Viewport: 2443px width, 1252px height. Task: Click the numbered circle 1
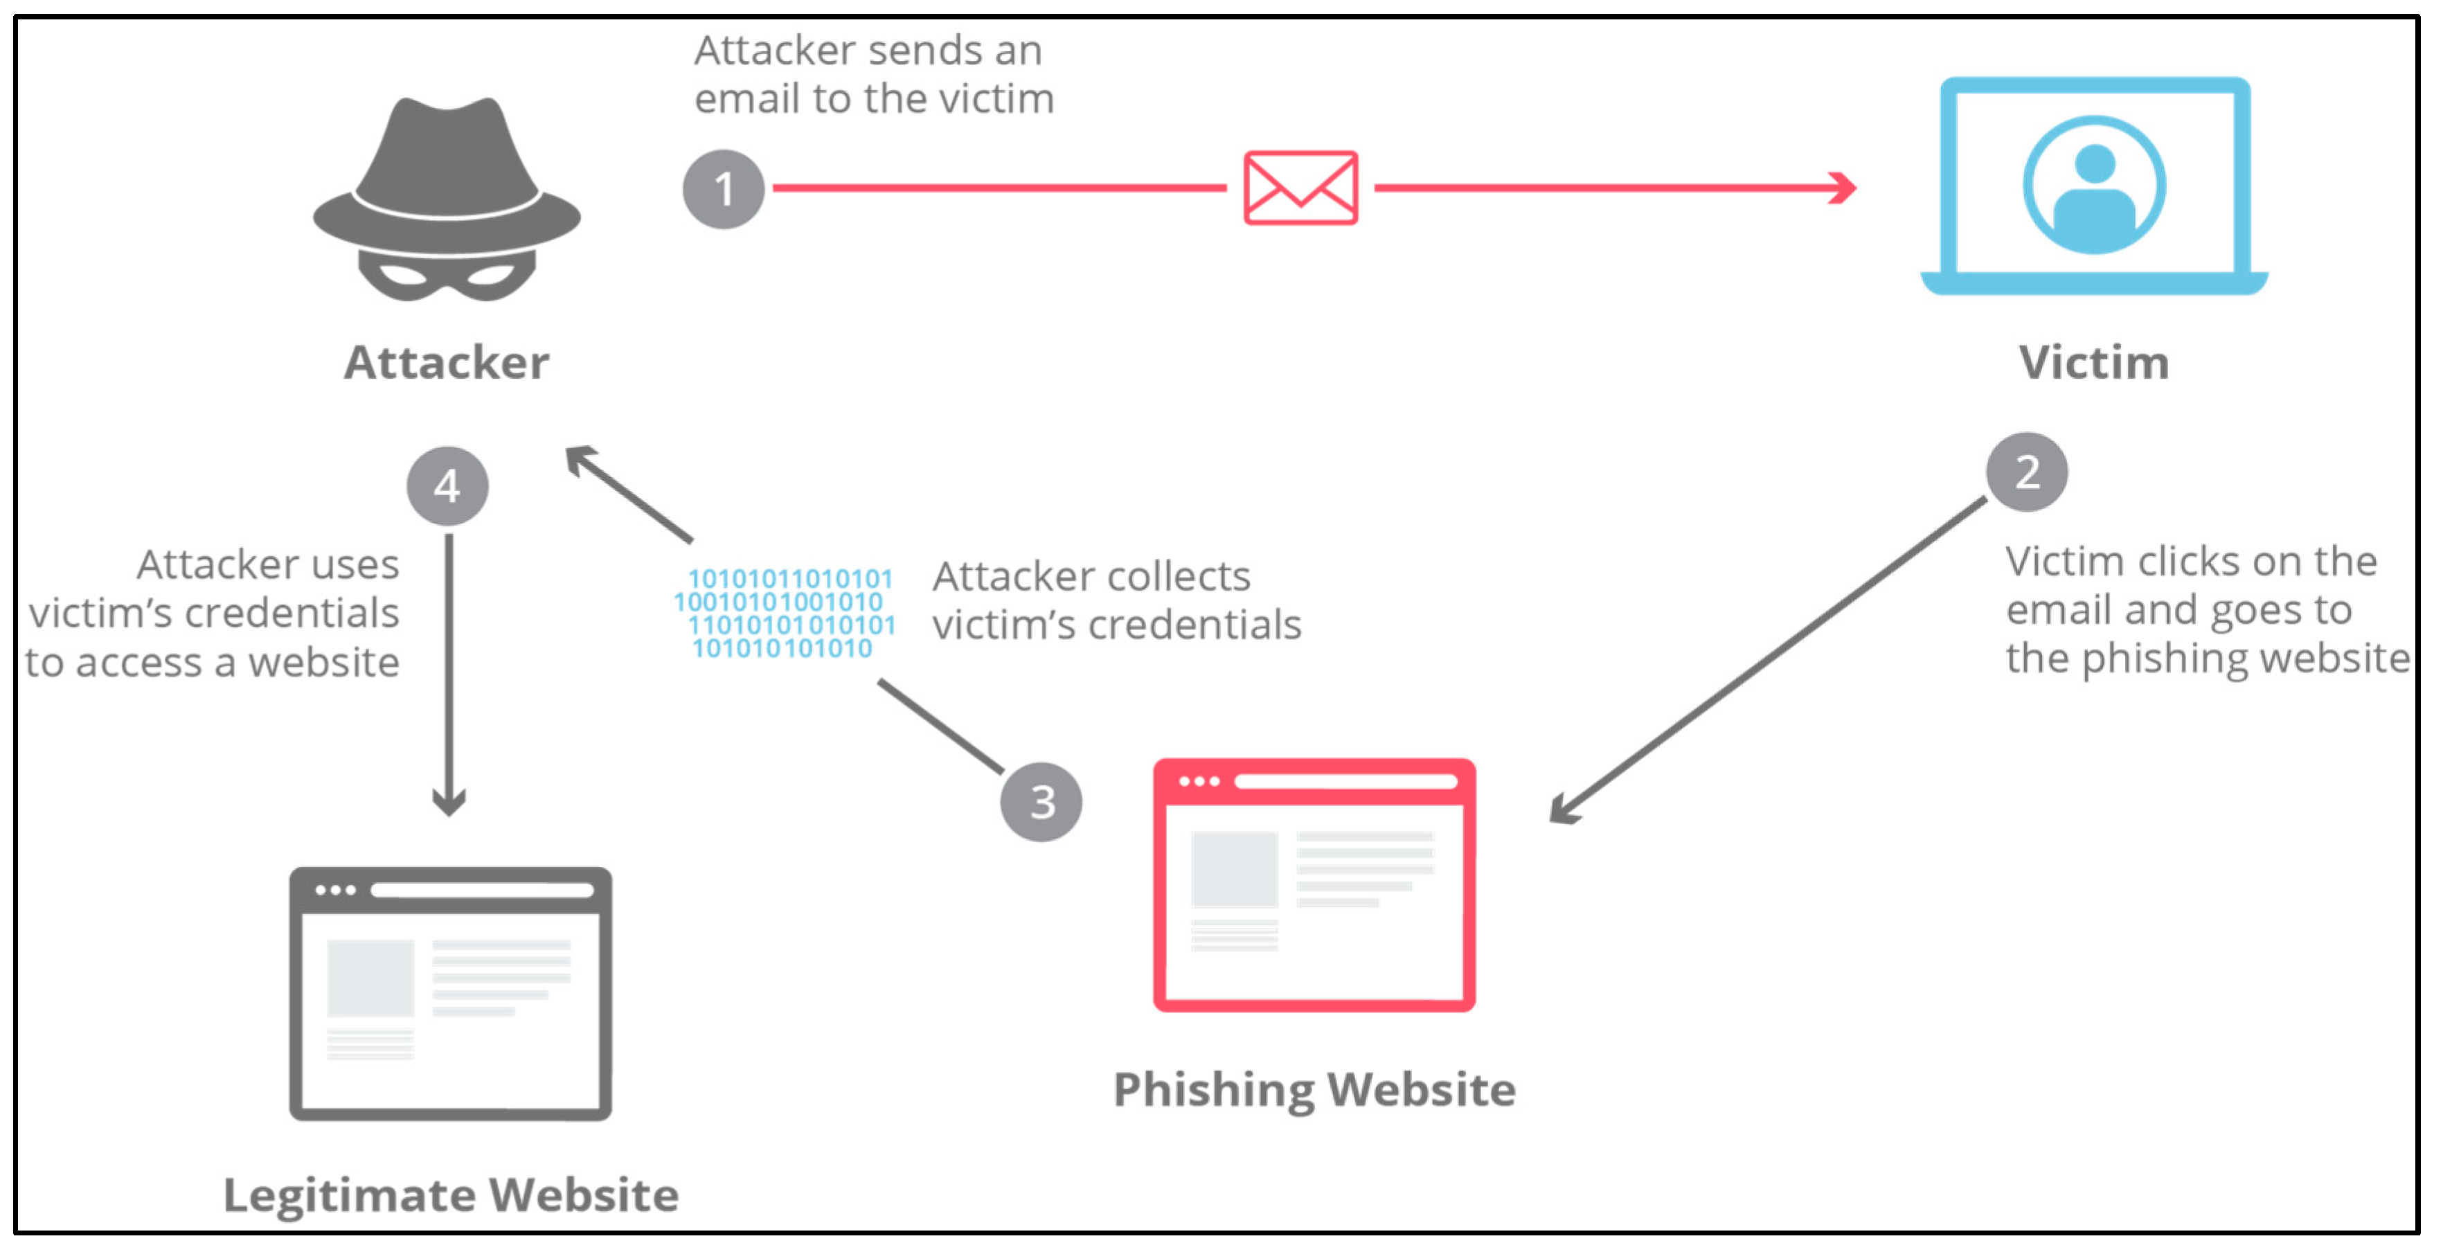pyautogui.click(x=724, y=189)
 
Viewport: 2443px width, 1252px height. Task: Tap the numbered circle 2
pyautogui.click(x=2027, y=472)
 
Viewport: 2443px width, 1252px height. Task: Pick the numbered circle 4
pyautogui.click(x=447, y=485)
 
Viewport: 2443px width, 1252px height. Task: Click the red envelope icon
pyautogui.click(x=1300, y=188)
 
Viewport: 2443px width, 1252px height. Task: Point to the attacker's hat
pyautogui.click(x=447, y=171)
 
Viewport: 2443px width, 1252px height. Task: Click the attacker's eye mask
pyautogui.click(x=447, y=275)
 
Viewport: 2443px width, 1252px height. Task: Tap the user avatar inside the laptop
pyautogui.click(x=2094, y=186)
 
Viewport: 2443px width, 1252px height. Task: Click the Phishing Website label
pyautogui.click(x=1314, y=1089)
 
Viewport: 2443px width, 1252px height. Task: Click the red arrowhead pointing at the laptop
pyautogui.click(x=1843, y=188)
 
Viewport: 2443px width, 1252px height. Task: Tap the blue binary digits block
pyautogui.click(x=785, y=614)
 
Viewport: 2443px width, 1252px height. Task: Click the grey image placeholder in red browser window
pyautogui.click(x=1234, y=869)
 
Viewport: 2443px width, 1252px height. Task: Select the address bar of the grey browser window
pyautogui.click(x=482, y=890)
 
